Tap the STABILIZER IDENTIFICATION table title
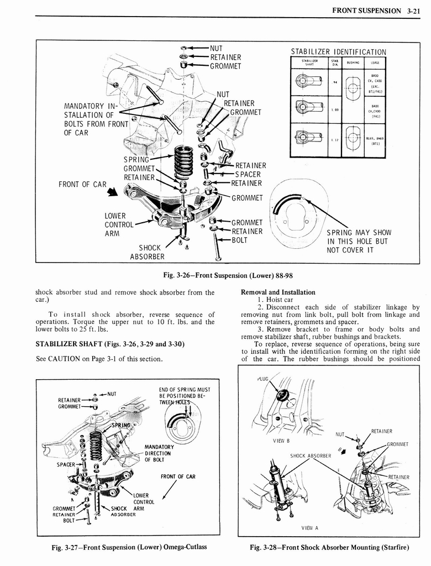click(338, 52)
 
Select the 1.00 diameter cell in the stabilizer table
click(334, 109)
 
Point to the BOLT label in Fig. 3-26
click(240, 240)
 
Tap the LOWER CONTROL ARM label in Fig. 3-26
click(119, 224)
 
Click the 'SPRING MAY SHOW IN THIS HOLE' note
click(359, 241)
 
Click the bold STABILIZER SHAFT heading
click(109, 344)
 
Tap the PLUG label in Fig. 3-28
click(262, 379)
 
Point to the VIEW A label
click(309, 527)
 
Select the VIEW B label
click(281, 441)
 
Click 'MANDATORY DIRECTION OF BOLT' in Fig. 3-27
click(159, 453)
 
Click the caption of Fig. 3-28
click(329, 547)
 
